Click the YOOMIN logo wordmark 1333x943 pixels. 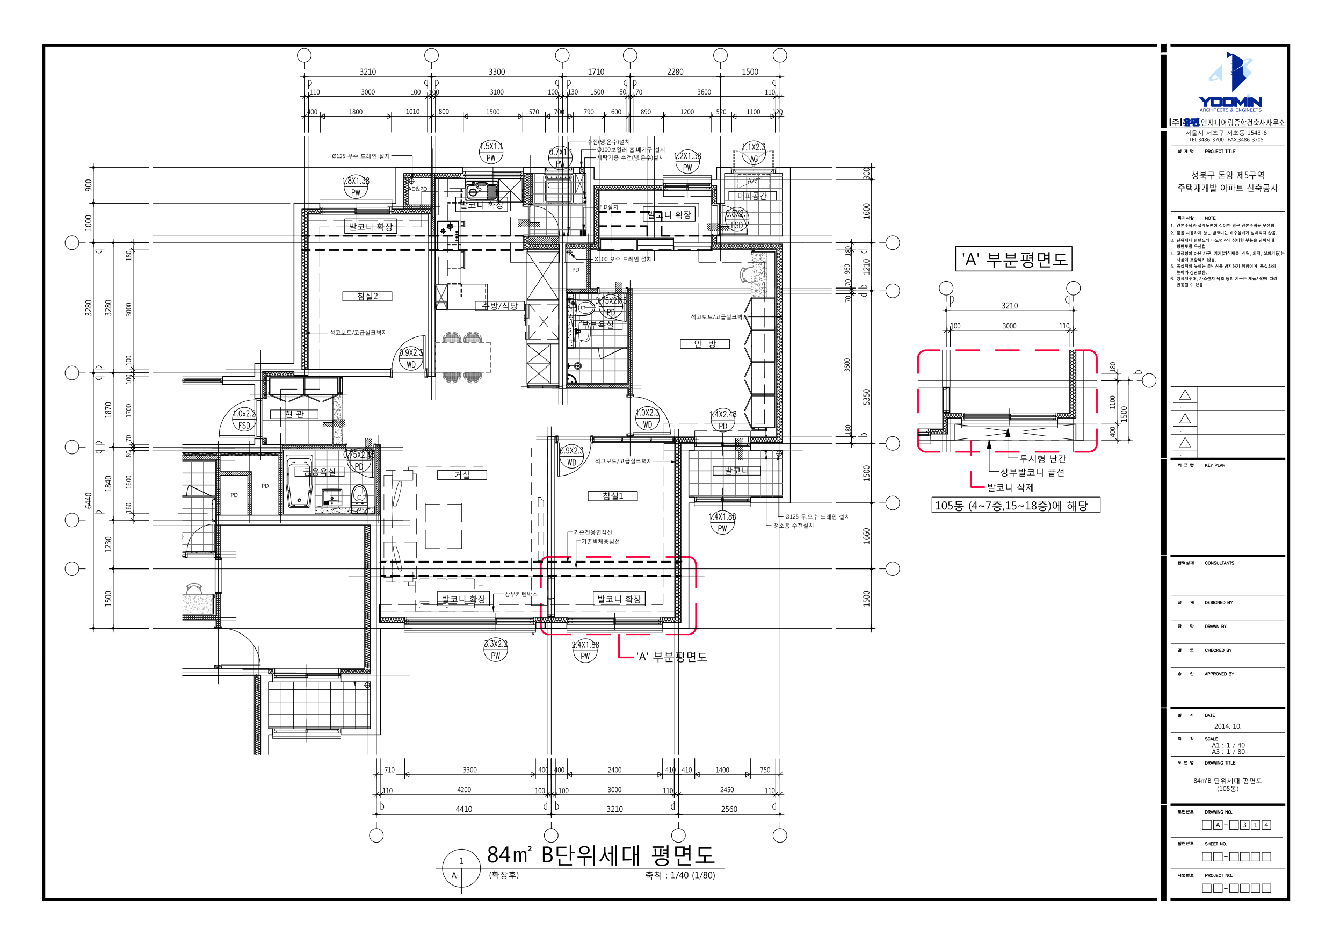[x=1230, y=102]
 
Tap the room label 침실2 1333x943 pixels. [x=367, y=296]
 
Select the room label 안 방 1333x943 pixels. [x=704, y=344]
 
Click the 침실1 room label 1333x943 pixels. [x=612, y=496]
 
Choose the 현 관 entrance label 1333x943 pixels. [x=294, y=414]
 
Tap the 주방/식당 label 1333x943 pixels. [x=499, y=306]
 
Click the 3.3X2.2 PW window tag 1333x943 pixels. [x=495, y=650]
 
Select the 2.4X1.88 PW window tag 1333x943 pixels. [x=585, y=651]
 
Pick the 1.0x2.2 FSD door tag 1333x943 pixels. [x=244, y=420]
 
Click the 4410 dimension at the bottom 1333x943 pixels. [x=463, y=809]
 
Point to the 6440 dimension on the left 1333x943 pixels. [x=88, y=500]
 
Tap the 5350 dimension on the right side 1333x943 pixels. [x=866, y=397]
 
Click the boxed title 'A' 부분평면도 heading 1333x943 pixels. [x=1013, y=259]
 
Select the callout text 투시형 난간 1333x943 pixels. [x=1042, y=459]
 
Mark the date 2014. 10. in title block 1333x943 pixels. [x=1227, y=726]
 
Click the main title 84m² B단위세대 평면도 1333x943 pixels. [x=600, y=855]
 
